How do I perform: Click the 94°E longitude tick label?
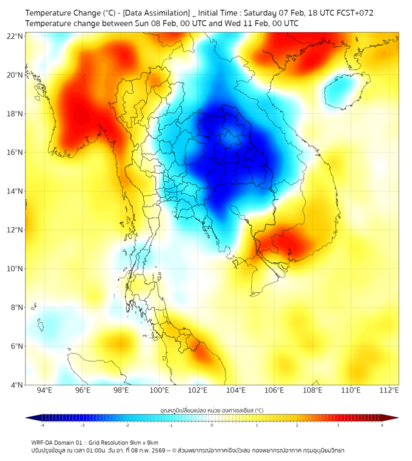(x=44, y=391)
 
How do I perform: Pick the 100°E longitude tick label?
(x=160, y=391)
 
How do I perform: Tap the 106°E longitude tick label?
(x=275, y=391)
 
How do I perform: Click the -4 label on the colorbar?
(x=42, y=425)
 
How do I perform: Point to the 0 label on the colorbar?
(x=212, y=425)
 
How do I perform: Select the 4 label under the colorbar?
(x=382, y=425)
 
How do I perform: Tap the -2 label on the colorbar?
(x=127, y=425)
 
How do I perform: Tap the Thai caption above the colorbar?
(x=211, y=410)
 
